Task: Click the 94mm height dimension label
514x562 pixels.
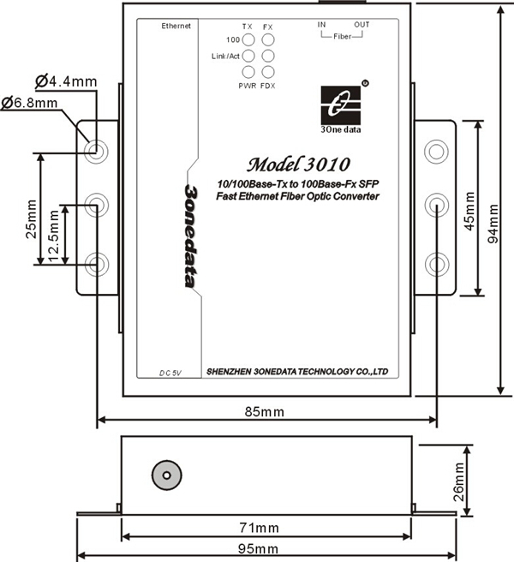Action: tap(493, 224)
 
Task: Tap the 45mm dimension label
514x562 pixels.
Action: tap(469, 211)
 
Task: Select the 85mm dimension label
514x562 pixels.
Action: tap(265, 412)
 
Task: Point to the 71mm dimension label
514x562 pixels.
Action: tap(259, 528)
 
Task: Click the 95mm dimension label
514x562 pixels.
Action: tap(258, 549)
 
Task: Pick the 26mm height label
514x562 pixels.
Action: tap(459, 481)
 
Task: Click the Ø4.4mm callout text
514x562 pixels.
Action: tap(66, 81)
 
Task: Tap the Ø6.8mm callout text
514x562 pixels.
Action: tap(29, 103)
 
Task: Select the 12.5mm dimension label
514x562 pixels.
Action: tap(54, 236)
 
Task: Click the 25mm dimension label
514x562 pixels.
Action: tap(31, 219)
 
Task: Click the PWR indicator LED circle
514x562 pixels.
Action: tap(248, 72)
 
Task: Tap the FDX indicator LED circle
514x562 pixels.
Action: tap(268, 72)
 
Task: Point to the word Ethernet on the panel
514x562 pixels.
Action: tap(176, 26)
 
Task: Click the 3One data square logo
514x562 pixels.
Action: tap(340, 105)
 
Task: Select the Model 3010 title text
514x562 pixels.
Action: tap(298, 164)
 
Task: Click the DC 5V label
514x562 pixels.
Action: tap(170, 374)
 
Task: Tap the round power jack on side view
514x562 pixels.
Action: tap(167, 475)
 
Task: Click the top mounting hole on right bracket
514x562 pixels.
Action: tap(436, 152)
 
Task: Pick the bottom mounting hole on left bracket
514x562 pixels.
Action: tap(96, 264)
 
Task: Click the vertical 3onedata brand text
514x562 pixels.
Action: tap(190, 236)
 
